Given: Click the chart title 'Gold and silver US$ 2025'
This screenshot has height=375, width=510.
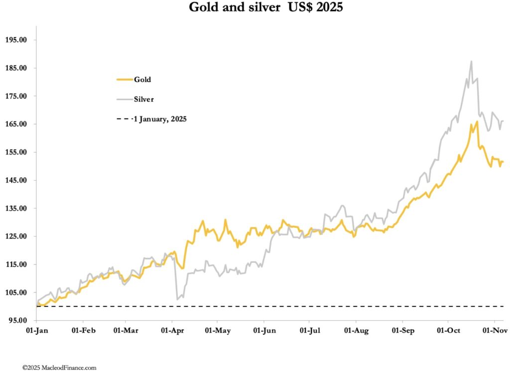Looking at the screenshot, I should tap(265, 8).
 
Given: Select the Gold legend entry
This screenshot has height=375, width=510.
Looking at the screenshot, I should tap(142, 79).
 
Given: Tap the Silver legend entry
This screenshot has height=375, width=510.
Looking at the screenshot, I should tap(143, 99).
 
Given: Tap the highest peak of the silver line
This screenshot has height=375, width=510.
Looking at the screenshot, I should tap(471, 62).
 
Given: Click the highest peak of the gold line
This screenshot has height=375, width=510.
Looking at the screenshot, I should tap(477, 122).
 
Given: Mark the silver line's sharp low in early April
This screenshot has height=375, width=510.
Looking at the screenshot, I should tap(177, 299).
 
